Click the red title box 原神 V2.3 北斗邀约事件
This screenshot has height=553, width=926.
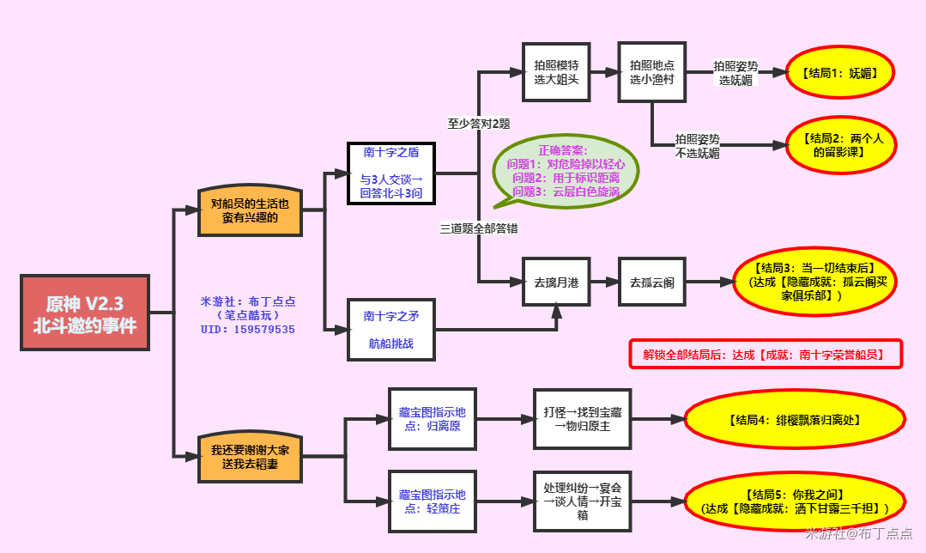(85, 313)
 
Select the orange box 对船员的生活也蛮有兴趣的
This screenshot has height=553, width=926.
(250, 210)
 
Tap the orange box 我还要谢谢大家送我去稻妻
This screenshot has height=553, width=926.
(250, 457)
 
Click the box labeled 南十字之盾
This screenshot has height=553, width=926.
(391, 173)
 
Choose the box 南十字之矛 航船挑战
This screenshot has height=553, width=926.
(391, 330)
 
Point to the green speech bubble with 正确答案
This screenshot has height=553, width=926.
(566, 172)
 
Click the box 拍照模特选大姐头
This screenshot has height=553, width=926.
(556, 72)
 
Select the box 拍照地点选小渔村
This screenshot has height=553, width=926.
(652, 72)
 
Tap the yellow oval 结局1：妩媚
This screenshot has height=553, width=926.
(840, 73)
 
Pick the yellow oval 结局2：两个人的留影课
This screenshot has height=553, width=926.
(842, 145)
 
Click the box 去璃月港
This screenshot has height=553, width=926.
(556, 282)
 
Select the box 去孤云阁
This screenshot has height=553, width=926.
(652, 282)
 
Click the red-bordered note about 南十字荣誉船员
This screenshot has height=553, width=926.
(766, 354)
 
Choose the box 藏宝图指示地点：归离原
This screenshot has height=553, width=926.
(433, 419)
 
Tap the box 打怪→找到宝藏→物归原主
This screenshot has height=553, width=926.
(583, 419)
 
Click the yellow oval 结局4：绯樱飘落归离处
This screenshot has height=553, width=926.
(795, 420)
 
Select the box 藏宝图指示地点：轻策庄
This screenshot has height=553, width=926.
(433, 501)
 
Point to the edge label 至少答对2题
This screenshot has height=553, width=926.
(479, 124)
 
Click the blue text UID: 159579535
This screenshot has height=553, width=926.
(248, 329)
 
